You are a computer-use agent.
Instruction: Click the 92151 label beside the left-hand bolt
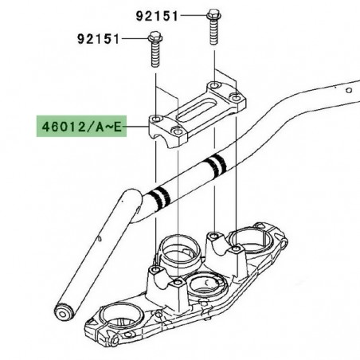100,38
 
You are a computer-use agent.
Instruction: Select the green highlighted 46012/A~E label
79,126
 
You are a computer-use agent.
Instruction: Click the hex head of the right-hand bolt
213,14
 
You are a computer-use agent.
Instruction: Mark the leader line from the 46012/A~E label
139,126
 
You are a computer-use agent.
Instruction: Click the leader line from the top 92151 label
192,14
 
